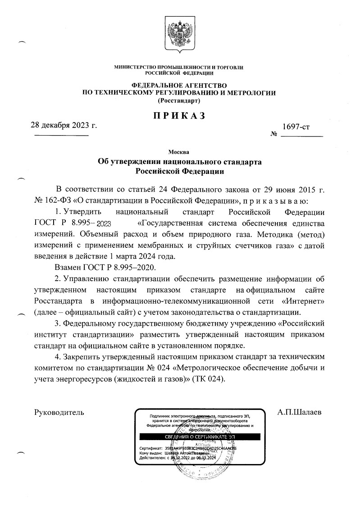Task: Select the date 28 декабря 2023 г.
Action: [x=64, y=125]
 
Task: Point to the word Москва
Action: [x=179, y=151]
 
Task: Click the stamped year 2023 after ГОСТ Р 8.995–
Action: [x=101, y=223]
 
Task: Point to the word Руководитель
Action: [x=59, y=412]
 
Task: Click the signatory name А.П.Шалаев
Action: [x=300, y=412]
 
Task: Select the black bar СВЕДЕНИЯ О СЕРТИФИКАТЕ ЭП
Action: [x=198, y=437]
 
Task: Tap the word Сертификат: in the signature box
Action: [x=151, y=449]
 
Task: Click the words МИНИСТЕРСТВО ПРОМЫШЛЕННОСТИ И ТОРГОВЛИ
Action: [x=179, y=67]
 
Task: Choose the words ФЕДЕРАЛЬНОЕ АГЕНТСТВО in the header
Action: [x=179, y=85]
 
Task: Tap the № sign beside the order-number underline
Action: [x=273, y=135]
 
